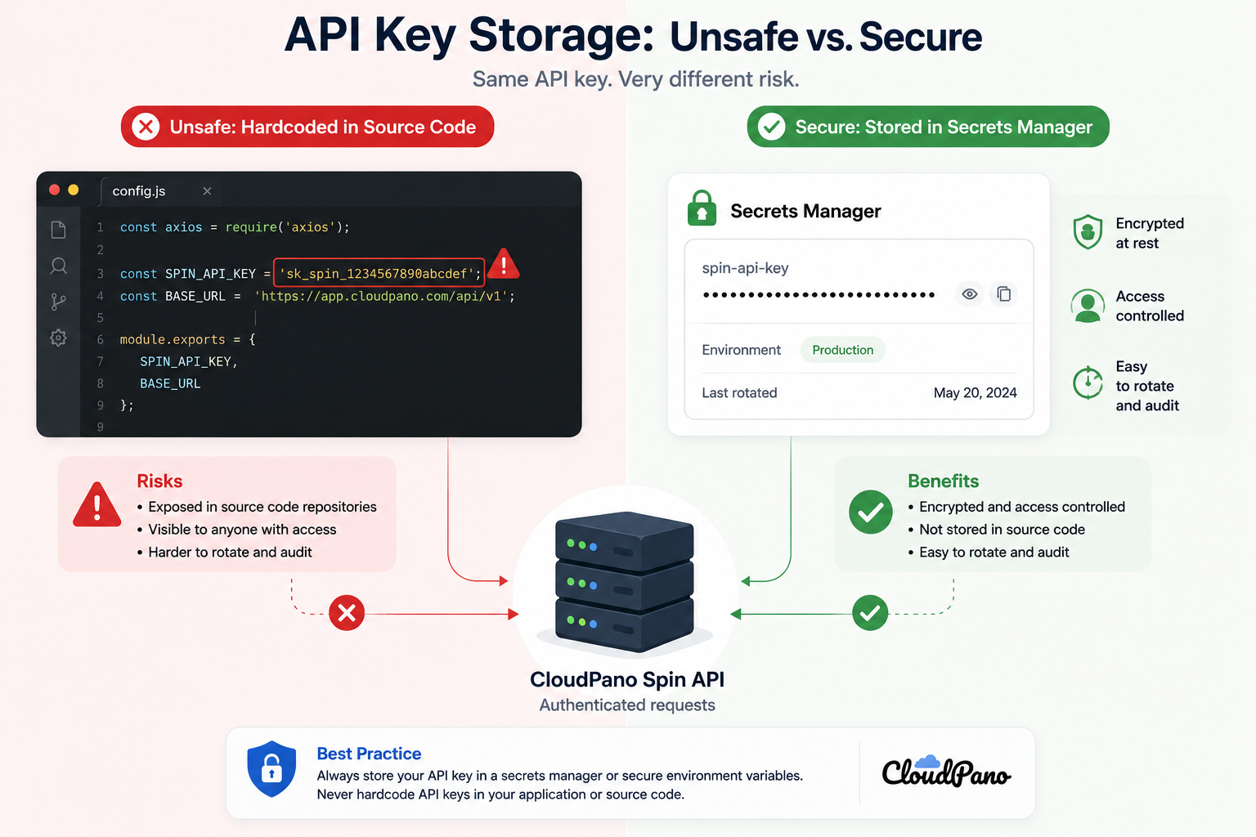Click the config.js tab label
[x=138, y=191]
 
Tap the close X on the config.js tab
[x=207, y=191]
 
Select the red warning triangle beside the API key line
[x=503, y=263]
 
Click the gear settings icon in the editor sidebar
[x=58, y=338]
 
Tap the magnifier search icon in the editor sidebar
[x=58, y=266]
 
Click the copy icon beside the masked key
[x=1003, y=293]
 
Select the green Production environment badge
[x=842, y=350]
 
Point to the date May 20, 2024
[x=975, y=392]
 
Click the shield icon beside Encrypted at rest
[x=1088, y=231]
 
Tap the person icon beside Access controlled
[x=1088, y=306]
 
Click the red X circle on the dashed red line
[x=347, y=613]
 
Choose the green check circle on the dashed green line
[x=870, y=613]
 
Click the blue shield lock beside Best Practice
[x=271, y=768]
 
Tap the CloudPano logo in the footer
[x=946, y=772]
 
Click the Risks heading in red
[x=159, y=481]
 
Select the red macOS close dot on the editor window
[x=55, y=190]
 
